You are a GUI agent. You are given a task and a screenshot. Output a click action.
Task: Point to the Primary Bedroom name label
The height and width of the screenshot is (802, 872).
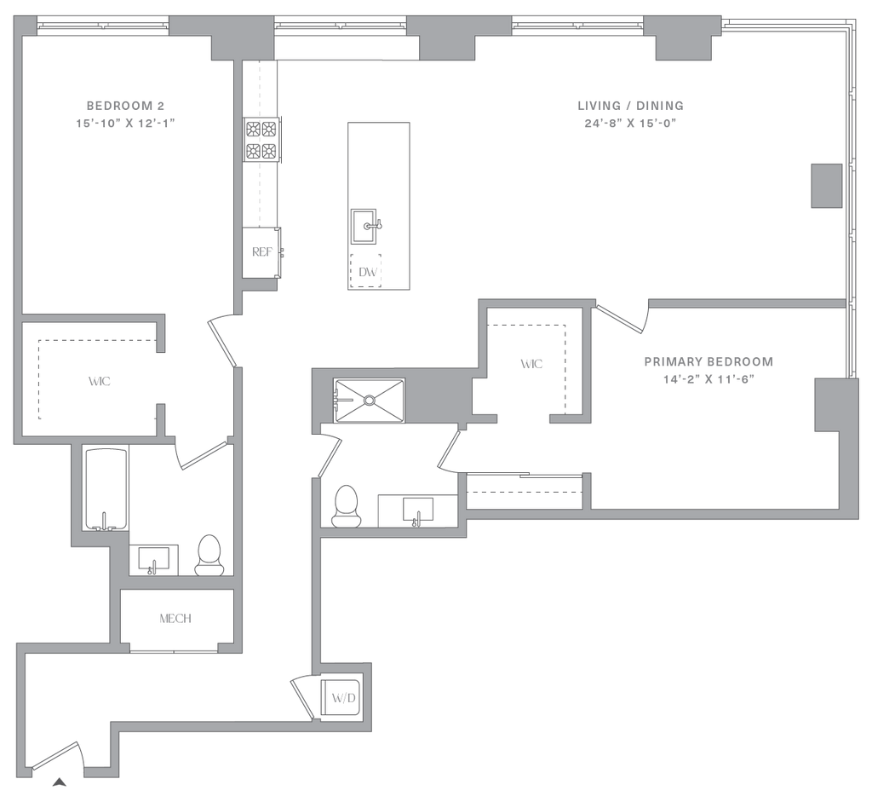(x=708, y=362)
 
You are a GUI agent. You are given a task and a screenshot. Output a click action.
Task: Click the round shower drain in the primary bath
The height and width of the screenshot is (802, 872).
(x=370, y=398)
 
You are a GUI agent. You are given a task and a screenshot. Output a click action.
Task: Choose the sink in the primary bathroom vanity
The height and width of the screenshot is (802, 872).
(x=416, y=511)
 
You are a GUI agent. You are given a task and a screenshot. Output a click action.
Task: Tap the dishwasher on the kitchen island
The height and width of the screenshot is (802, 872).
(x=368, y=273)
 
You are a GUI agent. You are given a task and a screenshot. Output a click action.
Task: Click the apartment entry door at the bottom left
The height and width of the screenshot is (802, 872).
(x=56, y=756)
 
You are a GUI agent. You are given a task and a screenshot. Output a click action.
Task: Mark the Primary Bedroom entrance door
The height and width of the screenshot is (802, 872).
(x=620, y=318)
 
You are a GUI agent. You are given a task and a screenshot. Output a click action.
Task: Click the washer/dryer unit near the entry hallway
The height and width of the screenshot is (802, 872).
(x=342, y=697)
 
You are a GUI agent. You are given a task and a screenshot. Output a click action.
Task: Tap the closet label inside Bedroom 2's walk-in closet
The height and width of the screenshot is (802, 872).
(x=100, y=382)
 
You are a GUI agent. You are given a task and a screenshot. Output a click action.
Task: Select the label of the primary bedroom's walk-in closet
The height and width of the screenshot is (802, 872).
(x=531, y=365)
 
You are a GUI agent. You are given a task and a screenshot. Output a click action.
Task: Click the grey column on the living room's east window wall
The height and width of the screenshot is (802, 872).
(x=824, y=186)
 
